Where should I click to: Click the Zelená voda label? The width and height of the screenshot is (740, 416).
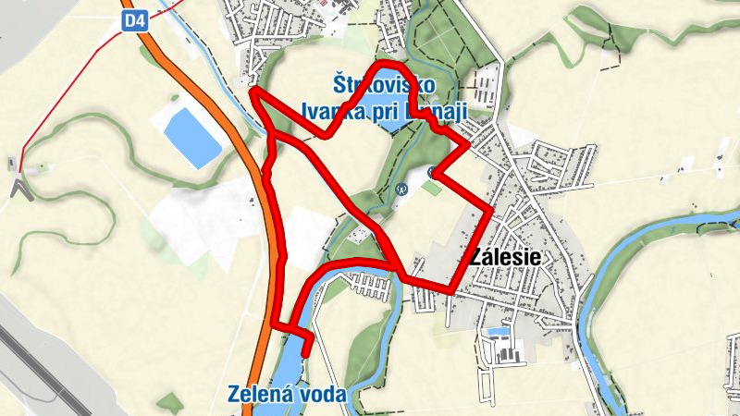pos(286,395)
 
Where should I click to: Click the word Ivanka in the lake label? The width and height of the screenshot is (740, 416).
pos(333,111)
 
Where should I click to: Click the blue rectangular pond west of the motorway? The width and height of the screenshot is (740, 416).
pos(192,137)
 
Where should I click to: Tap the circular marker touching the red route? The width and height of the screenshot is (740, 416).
pos(434,171)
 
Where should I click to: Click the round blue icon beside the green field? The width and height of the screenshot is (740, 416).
pos(401,189)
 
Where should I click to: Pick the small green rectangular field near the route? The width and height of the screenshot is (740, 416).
pos(431,188)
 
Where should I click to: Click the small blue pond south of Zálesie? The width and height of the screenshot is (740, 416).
pos(499,331)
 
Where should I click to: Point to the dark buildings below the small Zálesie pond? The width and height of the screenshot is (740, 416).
pos(505,352)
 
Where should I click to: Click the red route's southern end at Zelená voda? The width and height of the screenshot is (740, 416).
pos(305,353)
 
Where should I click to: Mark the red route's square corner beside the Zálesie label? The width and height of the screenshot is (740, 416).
pos(490,212)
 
